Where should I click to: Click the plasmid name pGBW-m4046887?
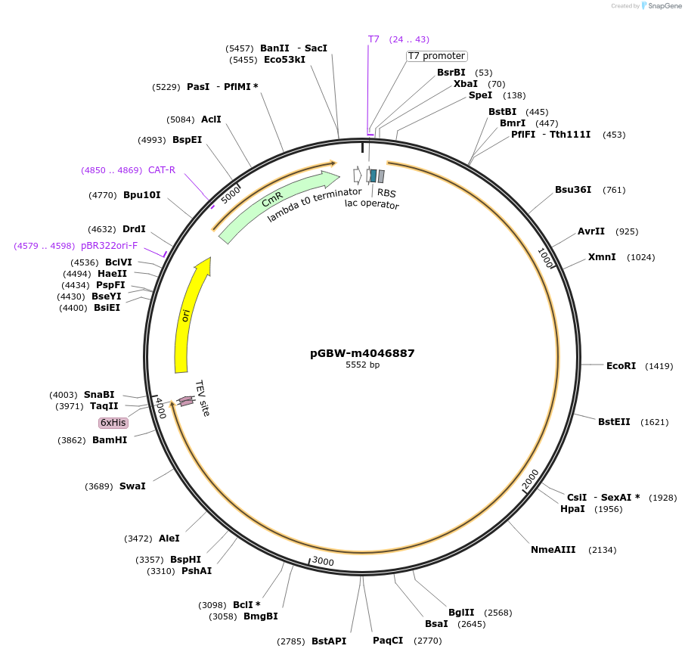(362, 353)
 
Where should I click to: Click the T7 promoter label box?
(437, 56)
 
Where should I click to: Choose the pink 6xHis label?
(113, 423)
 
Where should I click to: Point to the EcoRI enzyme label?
(621, 366)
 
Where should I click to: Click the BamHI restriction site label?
(110, 439)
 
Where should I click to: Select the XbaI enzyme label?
(465, 84)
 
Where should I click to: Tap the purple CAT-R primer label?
(162, 170)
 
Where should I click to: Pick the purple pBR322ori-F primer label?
(109, 246)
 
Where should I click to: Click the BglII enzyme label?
(461, 613)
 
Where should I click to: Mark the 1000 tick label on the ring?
(546, 257)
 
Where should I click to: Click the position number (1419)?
(659, 366)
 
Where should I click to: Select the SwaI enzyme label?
(132, 486)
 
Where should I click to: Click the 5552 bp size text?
(362, 365)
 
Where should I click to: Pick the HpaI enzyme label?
(572, 509)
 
